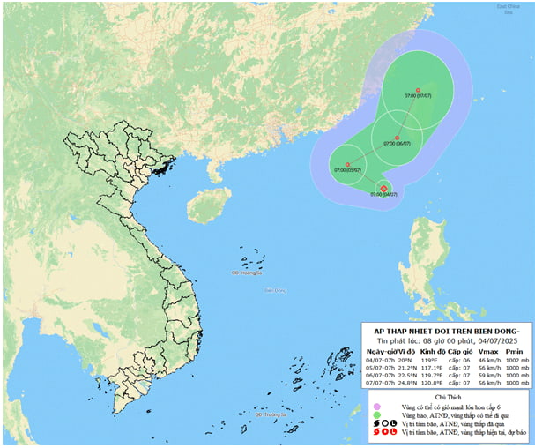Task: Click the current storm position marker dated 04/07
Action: click(383, 187)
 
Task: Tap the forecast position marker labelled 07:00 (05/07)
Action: click(347, 164)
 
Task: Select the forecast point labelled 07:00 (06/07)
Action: click(398, 138)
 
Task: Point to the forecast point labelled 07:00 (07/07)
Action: click(418, 90)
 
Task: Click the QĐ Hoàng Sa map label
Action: click(249, 273)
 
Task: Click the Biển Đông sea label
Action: click(274, 289)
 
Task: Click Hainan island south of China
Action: click(204, 206)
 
